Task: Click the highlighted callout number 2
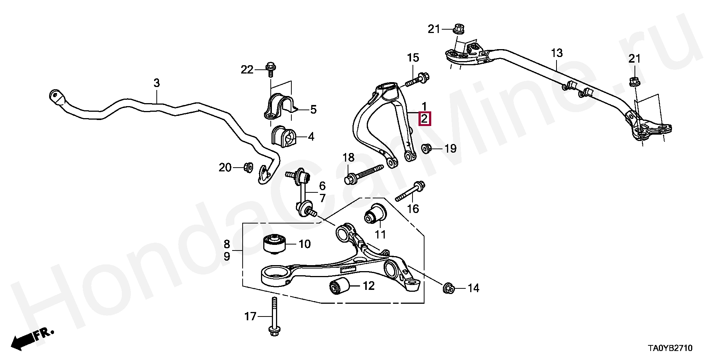coord(424,119)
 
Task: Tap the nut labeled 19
coord(426,148)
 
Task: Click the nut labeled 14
coord(448,288)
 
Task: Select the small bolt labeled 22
coord(270,70)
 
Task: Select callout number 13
coord(557,53)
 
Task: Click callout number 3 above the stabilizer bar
coord(156,82)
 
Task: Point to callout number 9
coord(227,257)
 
